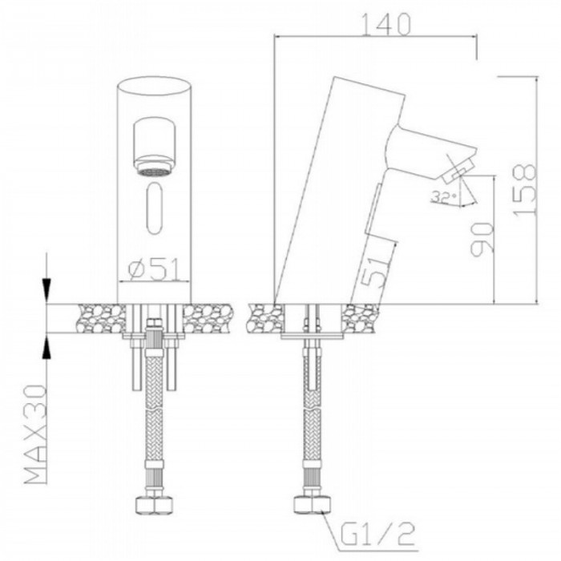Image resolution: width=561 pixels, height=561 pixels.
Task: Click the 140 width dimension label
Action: pyautogui.click(x=386, y=24)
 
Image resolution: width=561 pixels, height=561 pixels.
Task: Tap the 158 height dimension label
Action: pyautogui.click(x=525, y=190)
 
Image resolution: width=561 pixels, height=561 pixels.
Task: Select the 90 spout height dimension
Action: pyautogui.click(x=482, y=240)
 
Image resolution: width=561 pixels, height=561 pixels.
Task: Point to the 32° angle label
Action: pyautogui.click(x=444, y=197)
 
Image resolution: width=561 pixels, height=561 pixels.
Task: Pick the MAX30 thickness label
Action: pyautogui.click(x=36, y=434)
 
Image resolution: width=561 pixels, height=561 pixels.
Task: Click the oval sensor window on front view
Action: pyautogui.click(x=155, y=208)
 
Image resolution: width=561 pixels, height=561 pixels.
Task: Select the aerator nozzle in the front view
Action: pyautogui.click(x=154, y=147)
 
